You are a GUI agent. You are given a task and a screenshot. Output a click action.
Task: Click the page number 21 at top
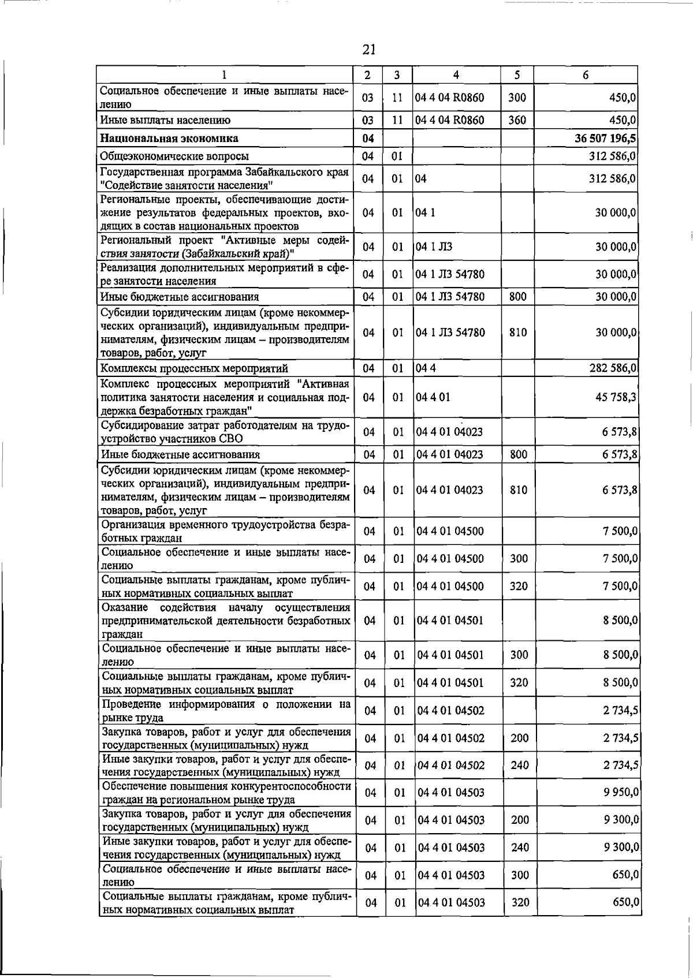click(369, 50)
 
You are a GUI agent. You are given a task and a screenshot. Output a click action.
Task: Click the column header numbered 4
click(456, 75)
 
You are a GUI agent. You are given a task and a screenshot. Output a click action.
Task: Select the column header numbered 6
click(585, 75)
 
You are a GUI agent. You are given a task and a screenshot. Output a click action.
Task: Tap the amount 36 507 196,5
click(605, 139)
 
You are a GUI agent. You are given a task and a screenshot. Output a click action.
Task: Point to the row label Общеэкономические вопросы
click(174, 156)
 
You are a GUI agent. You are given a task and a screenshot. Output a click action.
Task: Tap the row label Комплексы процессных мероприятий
click(194, 368)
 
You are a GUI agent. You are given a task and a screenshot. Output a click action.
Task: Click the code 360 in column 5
click(517, 120)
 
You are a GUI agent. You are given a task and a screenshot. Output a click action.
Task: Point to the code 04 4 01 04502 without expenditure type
click(450, 711)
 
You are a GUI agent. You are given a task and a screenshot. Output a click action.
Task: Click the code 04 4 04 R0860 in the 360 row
click(449, 120)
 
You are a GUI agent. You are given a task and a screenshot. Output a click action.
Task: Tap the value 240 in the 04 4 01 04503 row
click(520, 848)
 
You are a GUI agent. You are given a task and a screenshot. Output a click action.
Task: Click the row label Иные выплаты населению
click(165, 120)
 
